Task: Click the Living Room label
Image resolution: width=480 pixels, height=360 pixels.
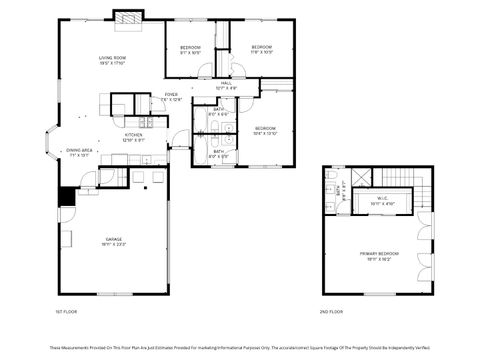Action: point(112,59)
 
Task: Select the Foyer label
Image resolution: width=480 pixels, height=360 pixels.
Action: point(171,94)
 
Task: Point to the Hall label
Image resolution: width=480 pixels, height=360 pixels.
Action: point(226,83)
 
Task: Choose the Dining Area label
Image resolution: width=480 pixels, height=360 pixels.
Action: point(80,150)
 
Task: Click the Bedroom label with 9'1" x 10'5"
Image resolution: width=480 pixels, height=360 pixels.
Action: point(190,48)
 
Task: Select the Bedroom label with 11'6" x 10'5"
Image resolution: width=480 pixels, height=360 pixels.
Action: point(262,48)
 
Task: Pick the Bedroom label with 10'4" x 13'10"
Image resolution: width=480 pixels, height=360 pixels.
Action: point(264,128)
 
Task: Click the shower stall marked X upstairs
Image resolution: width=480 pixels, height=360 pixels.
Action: point(361,177)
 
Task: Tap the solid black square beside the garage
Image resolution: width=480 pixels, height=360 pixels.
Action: point(67,197)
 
